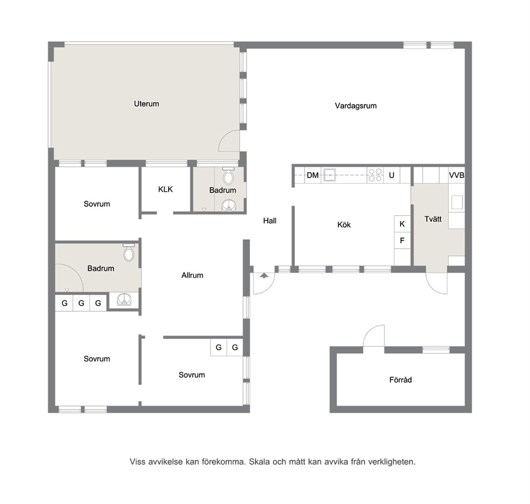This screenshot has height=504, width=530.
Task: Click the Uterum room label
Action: coord(146,104)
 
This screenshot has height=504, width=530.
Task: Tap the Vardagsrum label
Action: coord(356,105)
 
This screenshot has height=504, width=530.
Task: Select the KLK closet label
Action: coord(165,189)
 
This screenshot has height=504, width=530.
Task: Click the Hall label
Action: coord(270,220)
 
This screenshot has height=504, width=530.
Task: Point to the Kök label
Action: coord(344,224)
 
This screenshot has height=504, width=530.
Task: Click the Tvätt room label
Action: coord(433,219)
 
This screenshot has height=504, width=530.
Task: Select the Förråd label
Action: coord(401,380)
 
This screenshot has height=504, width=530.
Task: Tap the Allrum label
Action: coord(192,275)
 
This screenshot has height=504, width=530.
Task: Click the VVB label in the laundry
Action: coord(457,175)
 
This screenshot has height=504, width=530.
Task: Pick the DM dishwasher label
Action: coord(313,175)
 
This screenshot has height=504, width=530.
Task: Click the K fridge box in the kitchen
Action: coord(402,224)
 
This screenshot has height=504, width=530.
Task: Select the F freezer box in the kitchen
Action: coord(402,240)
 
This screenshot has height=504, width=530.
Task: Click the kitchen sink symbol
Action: coord(330,175)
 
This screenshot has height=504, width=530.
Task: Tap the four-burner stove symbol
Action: coord(375,175)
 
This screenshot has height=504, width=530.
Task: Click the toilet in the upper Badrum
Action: coord(229,175)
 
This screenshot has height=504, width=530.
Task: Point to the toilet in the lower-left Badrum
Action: coord(128,253)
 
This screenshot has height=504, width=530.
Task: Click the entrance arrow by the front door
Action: coord(264,276)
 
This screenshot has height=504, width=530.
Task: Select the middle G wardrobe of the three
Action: coord(81,303)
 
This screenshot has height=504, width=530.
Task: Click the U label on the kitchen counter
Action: coord(392,175)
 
